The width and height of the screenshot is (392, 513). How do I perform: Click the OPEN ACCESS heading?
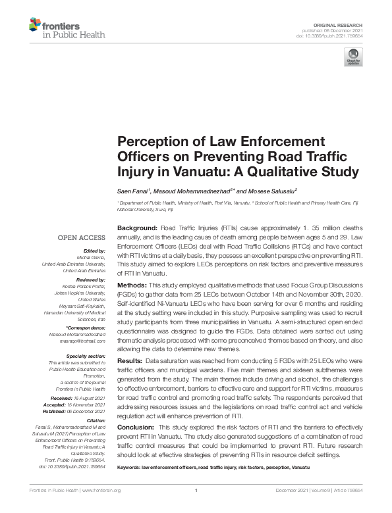pos(82,237)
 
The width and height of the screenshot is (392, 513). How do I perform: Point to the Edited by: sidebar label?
pos(94,251)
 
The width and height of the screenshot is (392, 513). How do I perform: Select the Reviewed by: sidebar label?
pos(90,279)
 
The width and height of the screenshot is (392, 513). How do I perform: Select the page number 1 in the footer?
pos(196,490)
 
